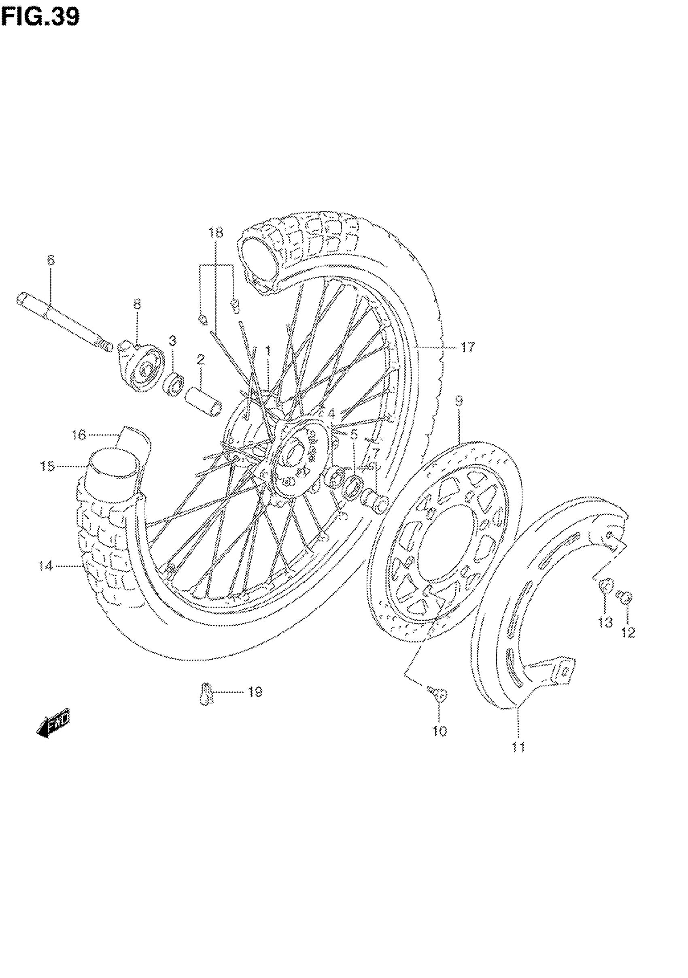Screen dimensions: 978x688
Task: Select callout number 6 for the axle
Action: pos(51,260)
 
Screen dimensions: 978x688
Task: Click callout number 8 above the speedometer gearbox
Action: pos(137,305)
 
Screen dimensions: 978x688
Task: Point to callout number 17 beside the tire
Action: pos(467,347)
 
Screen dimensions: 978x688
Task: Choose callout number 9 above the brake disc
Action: pos(459,401)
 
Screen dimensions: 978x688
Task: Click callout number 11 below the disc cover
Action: pos(518,747)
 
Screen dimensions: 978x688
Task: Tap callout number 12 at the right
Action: pos(628,633)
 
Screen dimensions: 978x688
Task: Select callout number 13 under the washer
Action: pos(605,622)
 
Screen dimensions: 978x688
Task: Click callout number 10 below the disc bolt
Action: pos(440,731)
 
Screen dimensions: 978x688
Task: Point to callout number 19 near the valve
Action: pos(255,692)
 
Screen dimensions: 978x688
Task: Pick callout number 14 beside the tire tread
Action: pos(46,566)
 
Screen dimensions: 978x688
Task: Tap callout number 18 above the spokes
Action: pos(216,232)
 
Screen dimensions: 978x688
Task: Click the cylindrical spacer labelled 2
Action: pos(204,403)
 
